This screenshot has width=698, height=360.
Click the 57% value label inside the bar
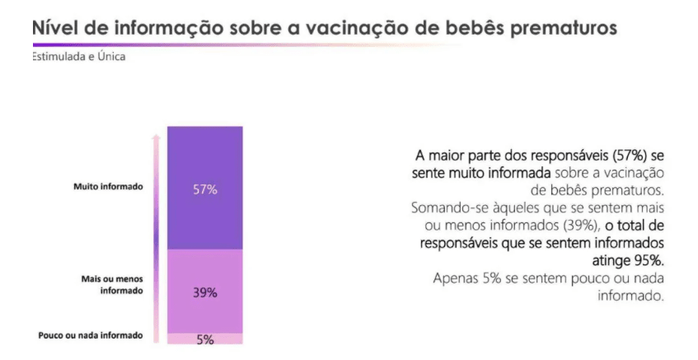[x=205, y=189]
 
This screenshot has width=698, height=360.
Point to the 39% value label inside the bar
[x=205, y=292]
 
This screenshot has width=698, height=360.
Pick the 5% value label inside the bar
[x=205, y=339]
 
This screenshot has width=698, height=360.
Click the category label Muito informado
[x=108, y=186]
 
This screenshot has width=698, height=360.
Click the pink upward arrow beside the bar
[x=154, y=231]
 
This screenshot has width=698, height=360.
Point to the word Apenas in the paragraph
[x=456, y=278]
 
